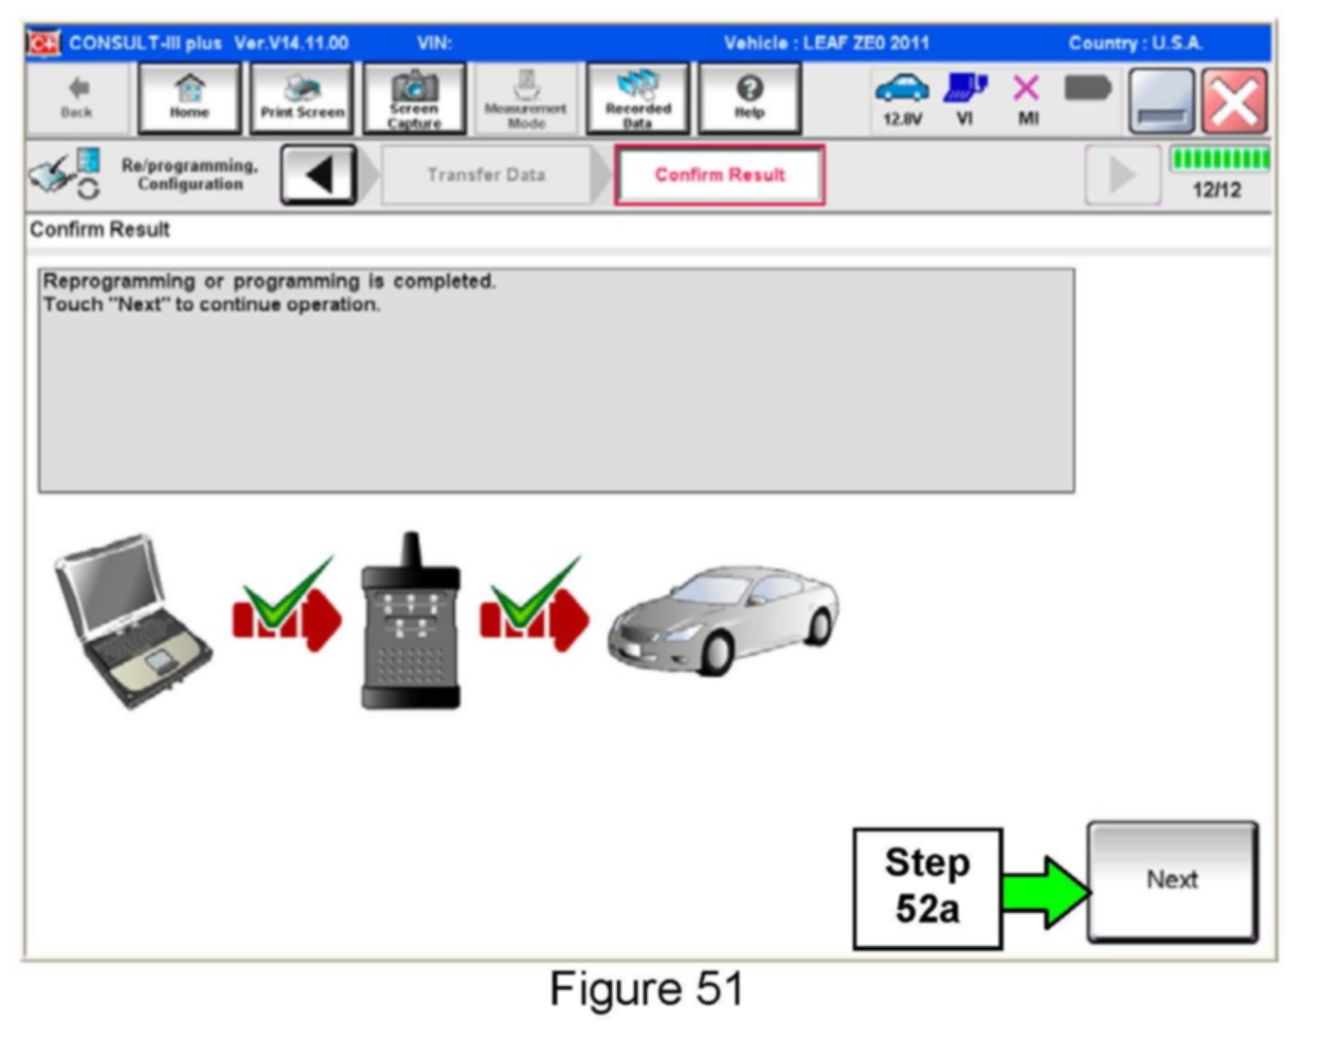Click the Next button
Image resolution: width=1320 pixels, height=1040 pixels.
1172,881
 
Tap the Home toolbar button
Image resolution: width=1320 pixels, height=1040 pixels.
190,98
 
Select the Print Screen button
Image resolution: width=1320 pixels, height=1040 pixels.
302,98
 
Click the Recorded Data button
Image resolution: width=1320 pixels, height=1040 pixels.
638,98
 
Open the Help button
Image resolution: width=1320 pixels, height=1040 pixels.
749,98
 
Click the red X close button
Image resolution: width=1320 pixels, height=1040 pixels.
1234,101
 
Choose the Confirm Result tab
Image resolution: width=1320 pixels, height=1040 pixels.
719,174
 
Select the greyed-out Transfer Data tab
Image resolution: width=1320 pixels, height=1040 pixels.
485,174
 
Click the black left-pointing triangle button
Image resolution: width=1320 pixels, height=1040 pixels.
318,174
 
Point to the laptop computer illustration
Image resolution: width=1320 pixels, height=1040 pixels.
133,621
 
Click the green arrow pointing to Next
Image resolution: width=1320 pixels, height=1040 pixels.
1045,890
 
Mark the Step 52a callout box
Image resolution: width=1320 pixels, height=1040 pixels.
927,887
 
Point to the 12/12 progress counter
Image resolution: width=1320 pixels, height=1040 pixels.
1217,190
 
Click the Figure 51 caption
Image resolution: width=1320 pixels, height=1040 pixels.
646,990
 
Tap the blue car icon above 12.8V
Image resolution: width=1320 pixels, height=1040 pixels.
901,88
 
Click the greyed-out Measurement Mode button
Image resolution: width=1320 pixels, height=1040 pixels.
525,98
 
